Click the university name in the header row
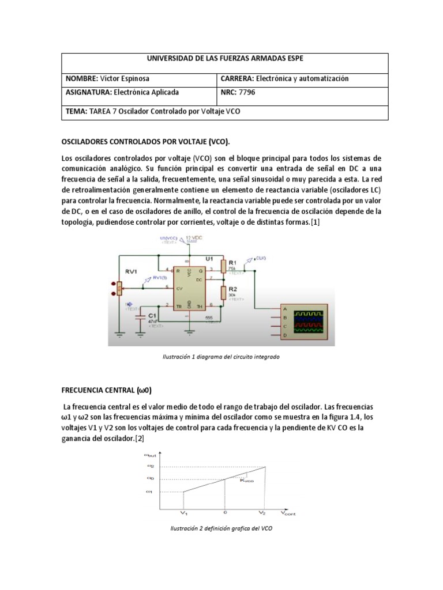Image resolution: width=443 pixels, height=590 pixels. pyautogui.click(x=224, y=59)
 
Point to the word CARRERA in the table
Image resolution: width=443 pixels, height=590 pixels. pyautogui.click(x=238, y=78)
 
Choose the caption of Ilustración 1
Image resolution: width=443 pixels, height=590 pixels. pyautogui.click(x=222, y=357)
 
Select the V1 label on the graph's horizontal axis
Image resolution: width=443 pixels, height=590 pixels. pyautogui.click(x=183, y=512)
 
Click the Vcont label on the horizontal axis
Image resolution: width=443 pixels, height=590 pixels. pyautogui.click(x=290, y=512)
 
